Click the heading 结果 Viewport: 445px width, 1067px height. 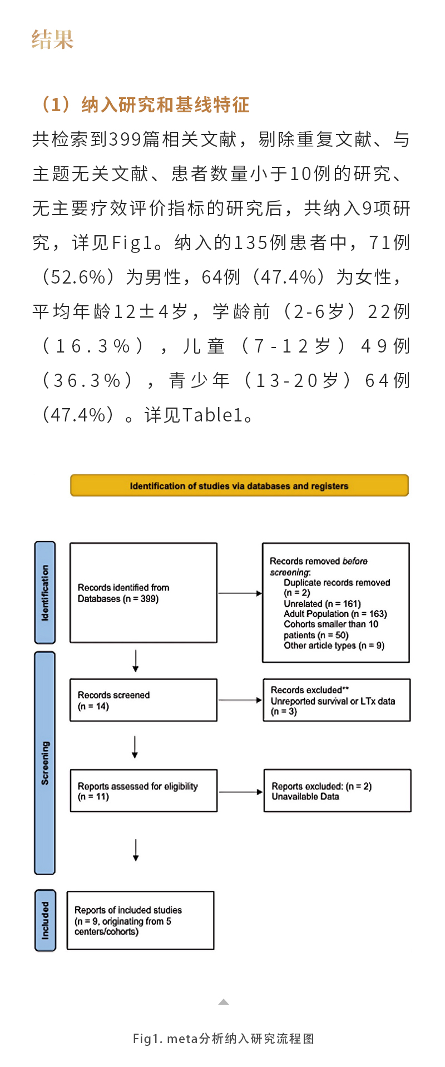[x=53, y=40]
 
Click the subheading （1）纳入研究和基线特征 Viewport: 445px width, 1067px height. [x=145, y=105]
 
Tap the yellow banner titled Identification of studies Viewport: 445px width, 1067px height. [x=239, y=485]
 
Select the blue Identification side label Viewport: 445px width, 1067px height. [x=45, y=593]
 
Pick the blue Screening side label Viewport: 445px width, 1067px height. [x=45, y=763]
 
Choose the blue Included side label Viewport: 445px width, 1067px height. [x=45, y=920]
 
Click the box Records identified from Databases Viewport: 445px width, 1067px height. [x=143, y=593]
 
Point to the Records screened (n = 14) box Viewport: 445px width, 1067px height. [x=143, y=700]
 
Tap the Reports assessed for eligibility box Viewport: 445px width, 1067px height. [x=144, y=791]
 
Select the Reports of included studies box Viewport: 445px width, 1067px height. [x=140, y=920]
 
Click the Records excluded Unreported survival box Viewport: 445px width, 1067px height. [x=337, y=700]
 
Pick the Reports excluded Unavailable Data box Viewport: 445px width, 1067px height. [x=337, y=791]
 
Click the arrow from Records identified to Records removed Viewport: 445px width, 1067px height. [x=240, y=593]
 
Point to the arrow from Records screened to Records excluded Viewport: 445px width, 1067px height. [x=240, y=700]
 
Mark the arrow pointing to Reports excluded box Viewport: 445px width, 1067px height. [x=241, y=792]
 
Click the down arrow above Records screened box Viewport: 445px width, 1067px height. [x=135, y=661]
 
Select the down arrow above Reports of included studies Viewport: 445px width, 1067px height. [x=136, y=850]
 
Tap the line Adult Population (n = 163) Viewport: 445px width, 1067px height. [x=335, y=614]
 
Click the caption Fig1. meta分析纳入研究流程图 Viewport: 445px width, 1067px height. [x=223, y=1039]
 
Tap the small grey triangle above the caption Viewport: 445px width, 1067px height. [x=224, y=1002]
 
